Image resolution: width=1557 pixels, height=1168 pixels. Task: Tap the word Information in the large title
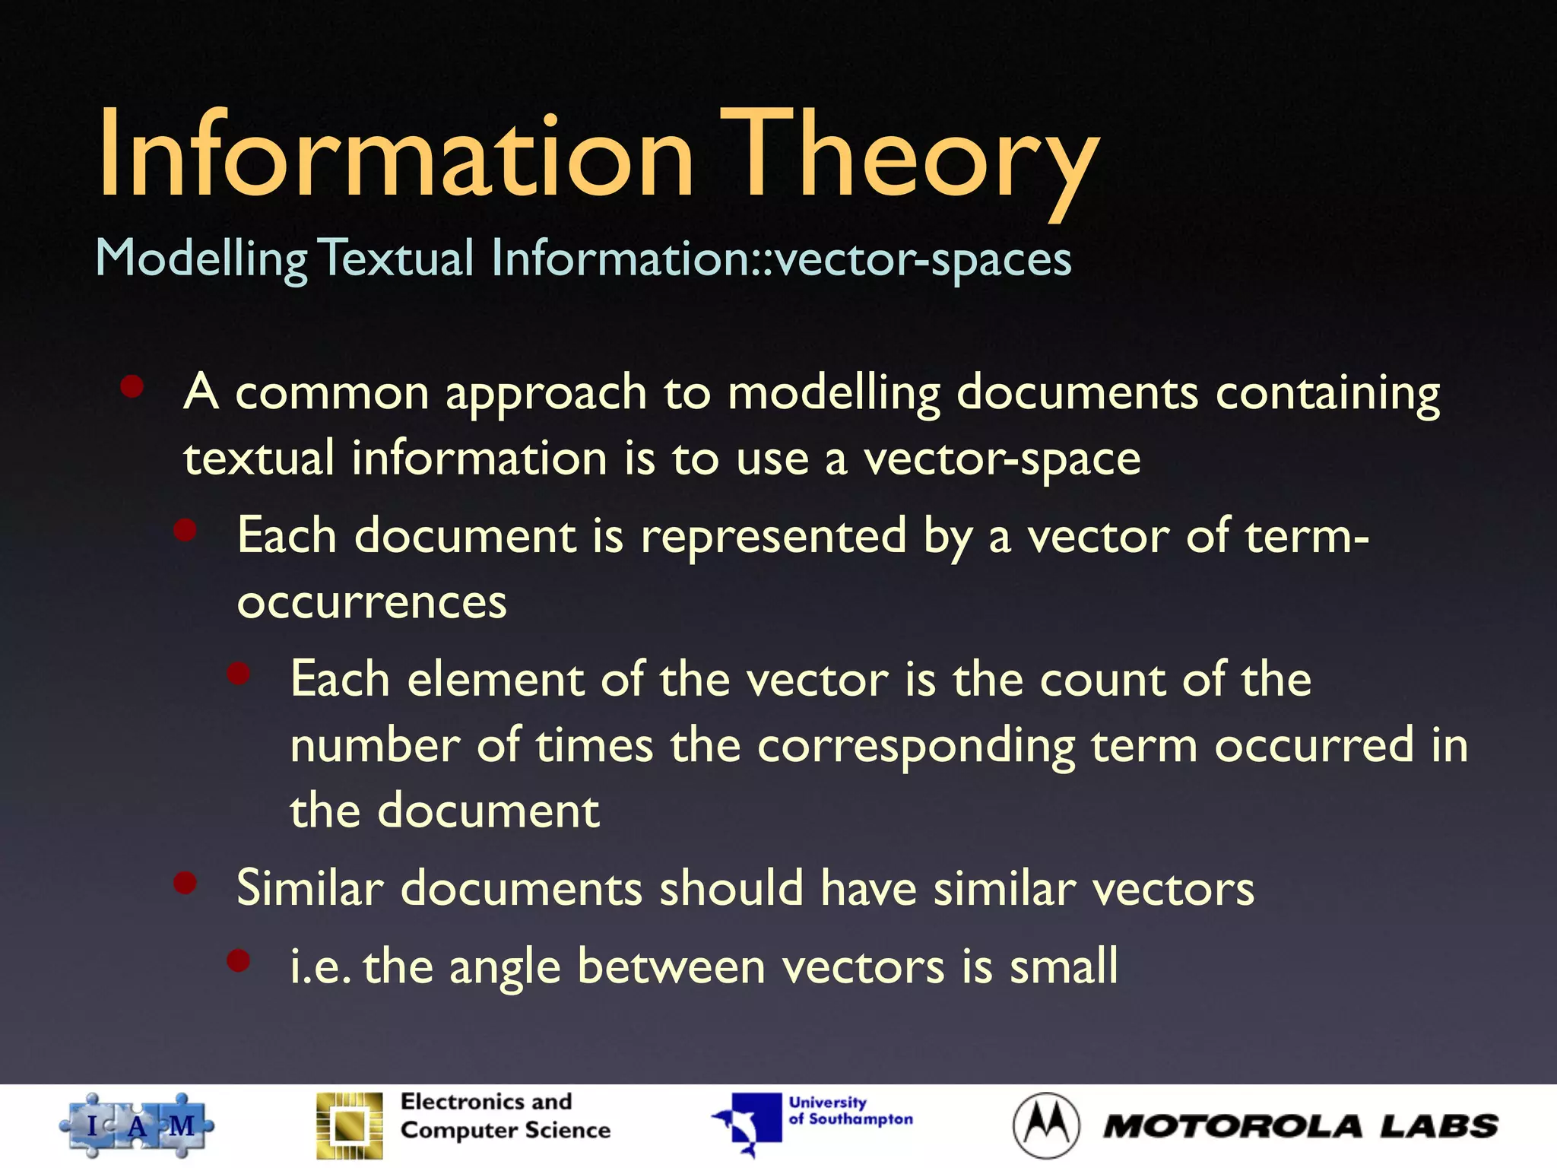(395, 156)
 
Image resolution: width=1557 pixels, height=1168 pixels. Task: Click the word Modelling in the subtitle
(201, 259)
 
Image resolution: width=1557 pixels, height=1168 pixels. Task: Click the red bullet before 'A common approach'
(132, 386)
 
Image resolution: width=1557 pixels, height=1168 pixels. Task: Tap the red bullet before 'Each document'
(186, 530)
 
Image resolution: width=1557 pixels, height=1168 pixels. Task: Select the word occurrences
(371, 602)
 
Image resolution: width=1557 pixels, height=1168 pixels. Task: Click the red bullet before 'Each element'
(239, 673)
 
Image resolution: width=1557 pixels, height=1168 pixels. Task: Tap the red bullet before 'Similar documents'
(186, 883)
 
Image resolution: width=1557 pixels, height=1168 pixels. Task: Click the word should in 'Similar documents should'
(731, 887)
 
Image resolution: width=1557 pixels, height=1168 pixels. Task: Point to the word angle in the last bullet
(504, 967)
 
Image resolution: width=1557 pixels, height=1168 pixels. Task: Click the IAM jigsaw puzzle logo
(137, 1125)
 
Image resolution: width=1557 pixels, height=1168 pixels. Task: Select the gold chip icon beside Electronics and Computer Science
(350, 1125)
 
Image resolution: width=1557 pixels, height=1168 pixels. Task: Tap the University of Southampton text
(849, 1111)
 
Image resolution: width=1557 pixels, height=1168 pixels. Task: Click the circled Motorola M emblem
(1046, 1125)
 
